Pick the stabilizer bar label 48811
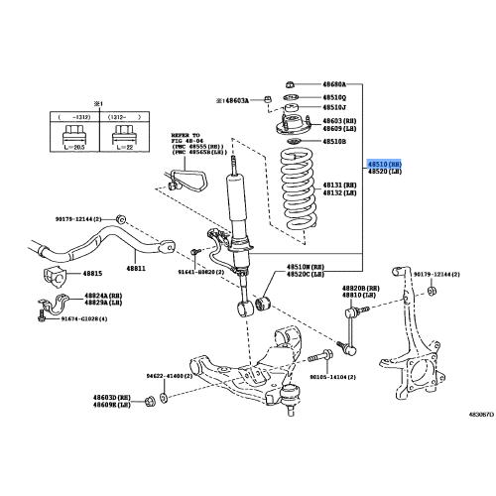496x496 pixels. (135, 269)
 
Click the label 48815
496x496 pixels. (93, 272)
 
